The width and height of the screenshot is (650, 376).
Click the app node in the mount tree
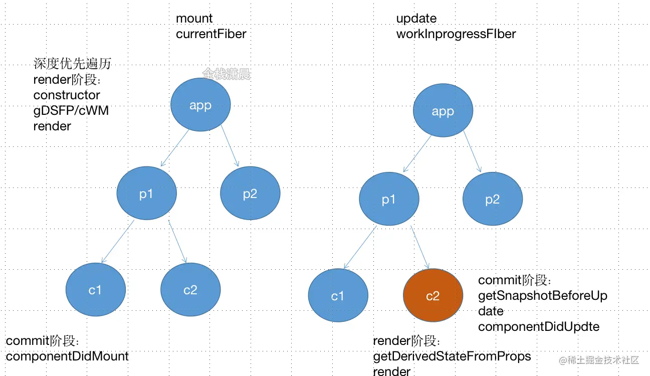click(x=200, y=105)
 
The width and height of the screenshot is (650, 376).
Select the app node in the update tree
click(x=443, y=111)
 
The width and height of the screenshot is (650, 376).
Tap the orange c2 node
click(x=433, y=295)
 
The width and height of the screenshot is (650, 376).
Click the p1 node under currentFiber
click(x=146, y=194)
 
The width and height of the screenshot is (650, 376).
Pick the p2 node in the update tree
click(x=492, y=199)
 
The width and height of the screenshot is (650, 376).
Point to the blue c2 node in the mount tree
click(x=190, y=289)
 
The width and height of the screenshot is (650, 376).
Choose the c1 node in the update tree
click(x=338, y=296)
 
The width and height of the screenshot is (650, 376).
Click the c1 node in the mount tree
click(x=95, y=289)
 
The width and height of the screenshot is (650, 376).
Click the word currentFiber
click(x=211, y=34)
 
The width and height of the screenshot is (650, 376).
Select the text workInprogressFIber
click(x=456, y=34)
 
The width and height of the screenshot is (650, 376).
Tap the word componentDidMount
click(x=67, y=356)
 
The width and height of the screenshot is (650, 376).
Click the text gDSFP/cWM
click(x=71, y=110)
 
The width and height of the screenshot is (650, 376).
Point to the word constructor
click(x=67, y=95)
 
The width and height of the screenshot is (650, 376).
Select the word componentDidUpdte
click(x=538, y=327)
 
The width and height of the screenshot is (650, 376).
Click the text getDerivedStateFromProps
click(x=452, y=356)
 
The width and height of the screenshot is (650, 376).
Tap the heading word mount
click(x=194, y=19)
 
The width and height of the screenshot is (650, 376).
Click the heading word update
click(x=416, y=19)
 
